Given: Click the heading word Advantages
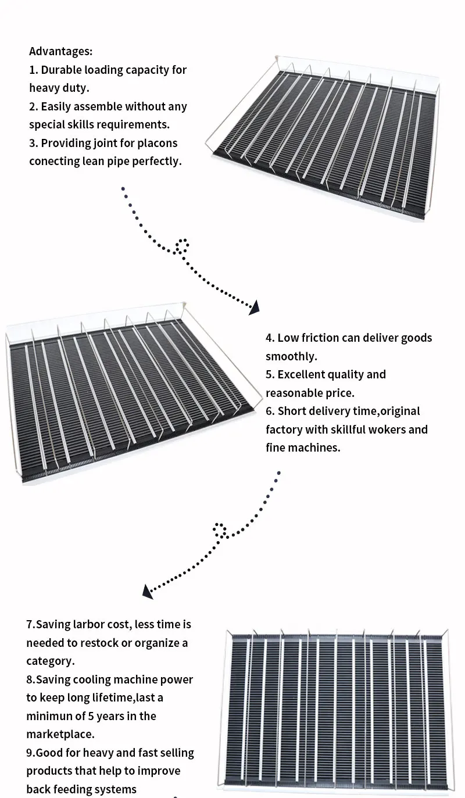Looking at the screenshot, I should point(60,52).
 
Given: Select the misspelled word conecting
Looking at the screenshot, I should point(53,161).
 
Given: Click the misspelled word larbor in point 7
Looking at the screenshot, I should point(89,625).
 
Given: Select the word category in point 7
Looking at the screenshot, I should point(49,661).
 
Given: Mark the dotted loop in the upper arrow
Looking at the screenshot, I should point(183,246).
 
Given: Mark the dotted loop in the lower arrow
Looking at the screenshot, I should point(220,529).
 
